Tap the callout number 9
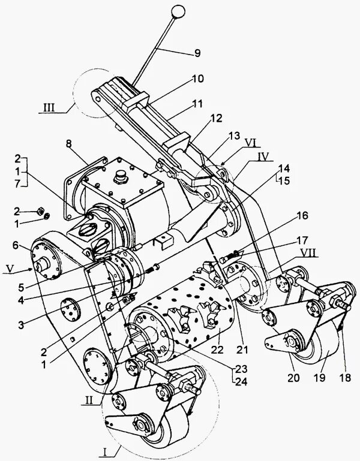pos(197,52)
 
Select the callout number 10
pos(197,79)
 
